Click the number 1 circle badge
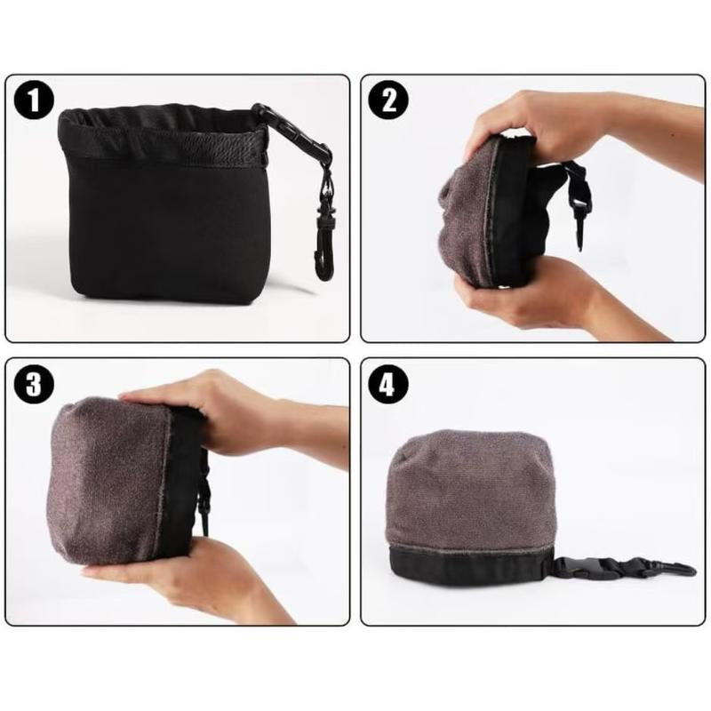pyautogui.click(x=35, y=101)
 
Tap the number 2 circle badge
pyautogui.click(x=387, y=100)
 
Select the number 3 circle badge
pyautogui.click(x=35, y=385)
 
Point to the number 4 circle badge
pyautogui.click(x=389, y=385)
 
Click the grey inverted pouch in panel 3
pyautogui.click(x=111, y=484)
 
